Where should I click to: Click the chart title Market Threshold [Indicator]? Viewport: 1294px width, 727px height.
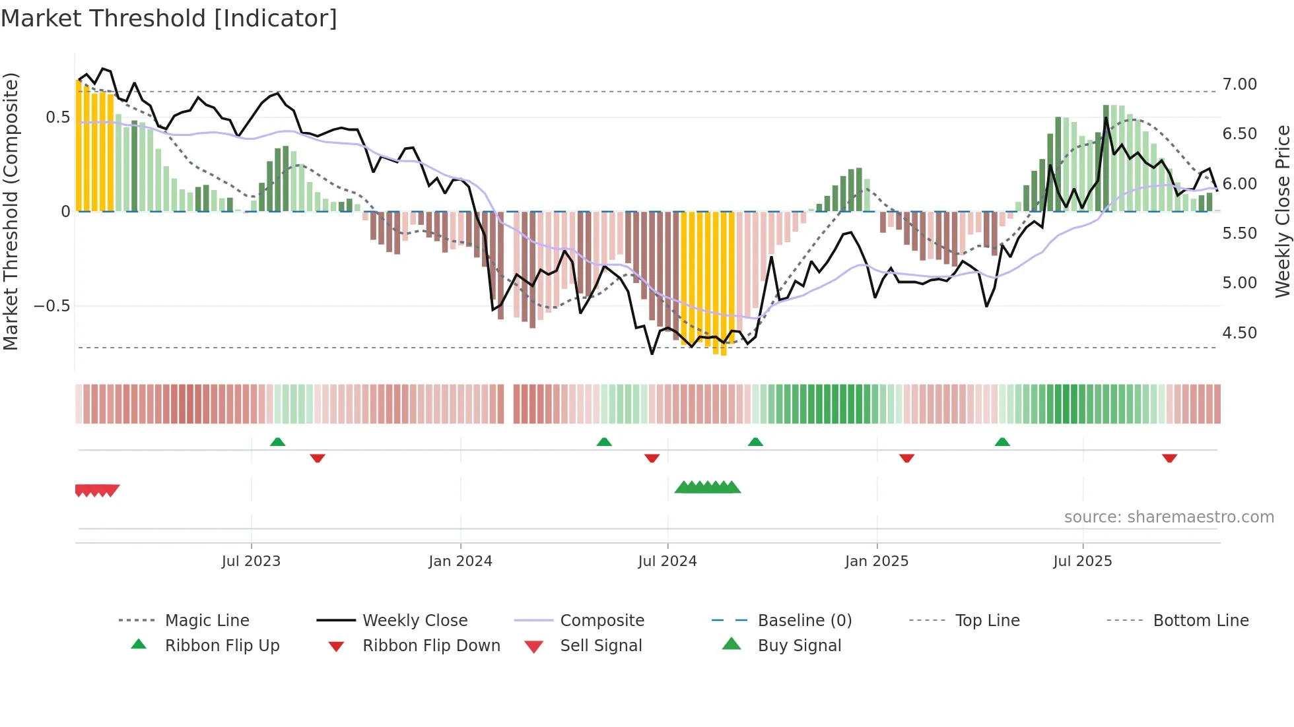point(169,18)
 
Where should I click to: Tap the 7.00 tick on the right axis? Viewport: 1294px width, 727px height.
point(1239,84)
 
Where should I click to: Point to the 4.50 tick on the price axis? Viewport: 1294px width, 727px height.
point(1239,333)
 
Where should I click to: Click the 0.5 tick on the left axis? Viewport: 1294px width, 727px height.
point(57,117)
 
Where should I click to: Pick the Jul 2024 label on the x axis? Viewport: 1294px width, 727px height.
point(667,561)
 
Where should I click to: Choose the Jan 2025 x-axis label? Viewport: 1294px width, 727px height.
point(876,561)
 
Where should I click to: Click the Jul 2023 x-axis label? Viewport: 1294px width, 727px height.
point(251,561)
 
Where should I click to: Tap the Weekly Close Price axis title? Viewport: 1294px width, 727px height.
point(1282,211)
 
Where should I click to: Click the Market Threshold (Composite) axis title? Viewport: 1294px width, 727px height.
point(11,211)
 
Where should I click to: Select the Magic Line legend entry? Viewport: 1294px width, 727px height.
point(207,621)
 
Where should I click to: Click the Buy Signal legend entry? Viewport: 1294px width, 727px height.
point(799,646)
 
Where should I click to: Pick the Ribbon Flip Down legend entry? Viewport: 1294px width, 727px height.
point(430,646)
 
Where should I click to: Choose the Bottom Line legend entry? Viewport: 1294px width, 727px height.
point(1200,621)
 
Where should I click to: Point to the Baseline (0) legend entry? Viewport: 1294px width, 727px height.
point(804,621)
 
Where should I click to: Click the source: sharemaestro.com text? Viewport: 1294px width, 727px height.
point(1169,517)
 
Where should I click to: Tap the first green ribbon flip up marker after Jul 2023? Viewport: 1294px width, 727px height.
point(277,442)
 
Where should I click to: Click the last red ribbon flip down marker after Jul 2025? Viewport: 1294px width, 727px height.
point(1169,458)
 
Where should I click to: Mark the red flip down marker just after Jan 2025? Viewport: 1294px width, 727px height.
point(906,458)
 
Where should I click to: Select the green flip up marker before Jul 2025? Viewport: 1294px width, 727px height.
point(1002,442)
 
